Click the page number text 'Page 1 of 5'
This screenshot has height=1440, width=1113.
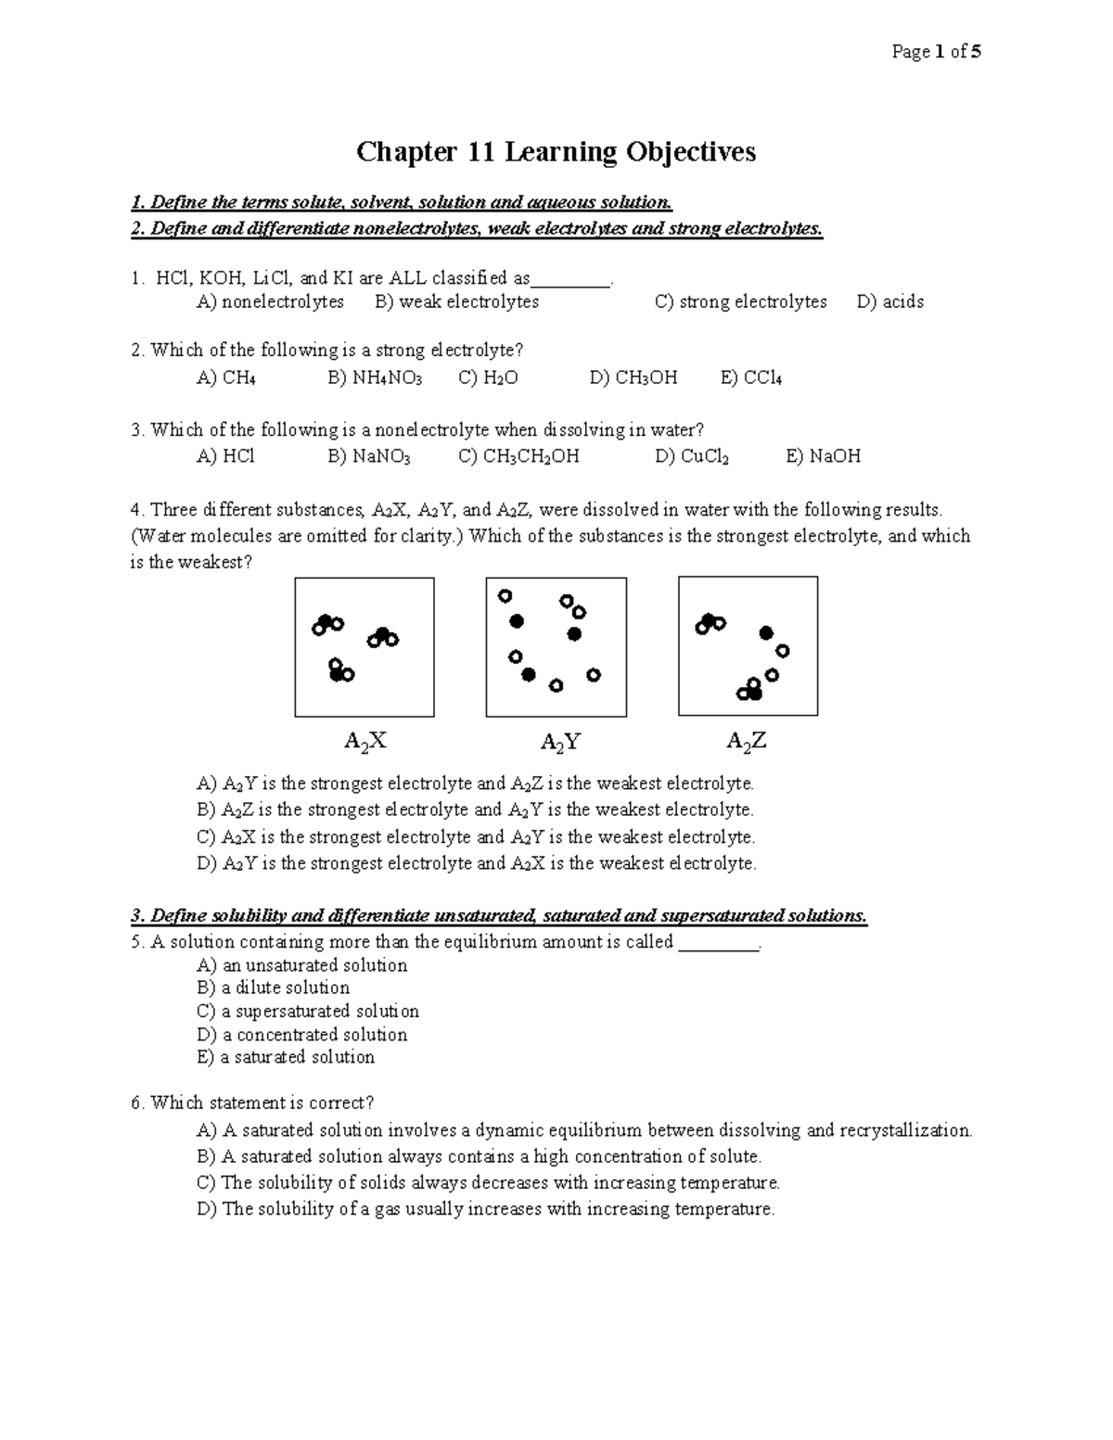[936, 52]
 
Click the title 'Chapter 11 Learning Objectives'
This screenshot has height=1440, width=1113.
[556, 151]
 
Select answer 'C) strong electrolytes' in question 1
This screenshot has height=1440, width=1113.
[740, 301]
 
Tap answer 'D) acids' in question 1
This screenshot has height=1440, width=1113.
[890, 301]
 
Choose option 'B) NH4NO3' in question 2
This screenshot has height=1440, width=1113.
[375, 377]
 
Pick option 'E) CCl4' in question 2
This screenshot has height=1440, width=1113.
[751, 377]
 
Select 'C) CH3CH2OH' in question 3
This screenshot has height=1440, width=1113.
[518, 456]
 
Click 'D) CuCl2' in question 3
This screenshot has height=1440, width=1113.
[692, 456]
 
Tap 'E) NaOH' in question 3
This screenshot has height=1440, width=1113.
[823, 456]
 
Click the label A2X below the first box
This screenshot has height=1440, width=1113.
[365, 741]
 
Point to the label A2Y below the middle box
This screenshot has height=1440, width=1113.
[560, 742]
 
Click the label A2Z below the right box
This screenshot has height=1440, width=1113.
[747, 741]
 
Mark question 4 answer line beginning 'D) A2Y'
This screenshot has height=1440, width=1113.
[477, 863]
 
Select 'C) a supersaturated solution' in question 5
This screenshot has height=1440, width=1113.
[308, 1011]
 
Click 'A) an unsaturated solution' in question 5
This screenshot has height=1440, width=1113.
[301, 965]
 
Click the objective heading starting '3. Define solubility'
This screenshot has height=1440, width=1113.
[499, 916]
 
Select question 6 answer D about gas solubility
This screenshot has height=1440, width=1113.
[485, 1209]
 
